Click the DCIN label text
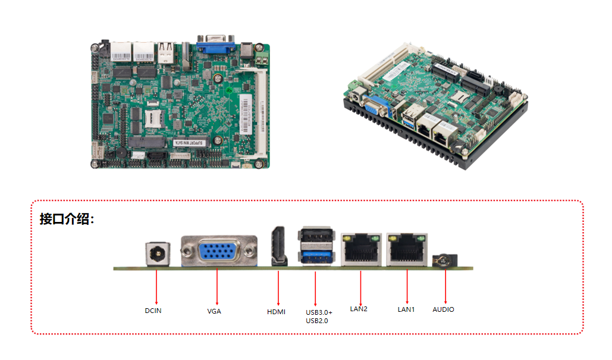pyautogui.click(x=153, y=311)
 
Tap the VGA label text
pyautogui.click(x=214, y=311)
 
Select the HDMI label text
pyautogui.click(x=276, y=312)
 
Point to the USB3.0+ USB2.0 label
pyautogui.click(x=319, y=317)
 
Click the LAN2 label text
pyautogui.click(x=359, y=309)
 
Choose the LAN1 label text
pyautogui.click(x=406, y=309)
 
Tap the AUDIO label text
pyautogui.click(x=443, y=309)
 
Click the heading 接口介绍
pyautogui.click(x=67, y=219)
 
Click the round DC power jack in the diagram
pyautogui.click(x=156, y=255)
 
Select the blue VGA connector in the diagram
pyautogui.click(x=219, y=253)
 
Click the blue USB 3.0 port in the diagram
pyautogui.click(x=315, y=256)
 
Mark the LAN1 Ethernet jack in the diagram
pyautogui.click(x=407, y=249)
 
